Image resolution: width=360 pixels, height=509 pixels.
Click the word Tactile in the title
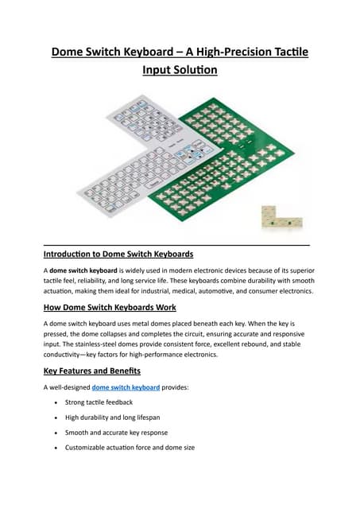click(x=285, y=53)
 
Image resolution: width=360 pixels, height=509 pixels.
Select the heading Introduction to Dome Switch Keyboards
click(x=118, y=254)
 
